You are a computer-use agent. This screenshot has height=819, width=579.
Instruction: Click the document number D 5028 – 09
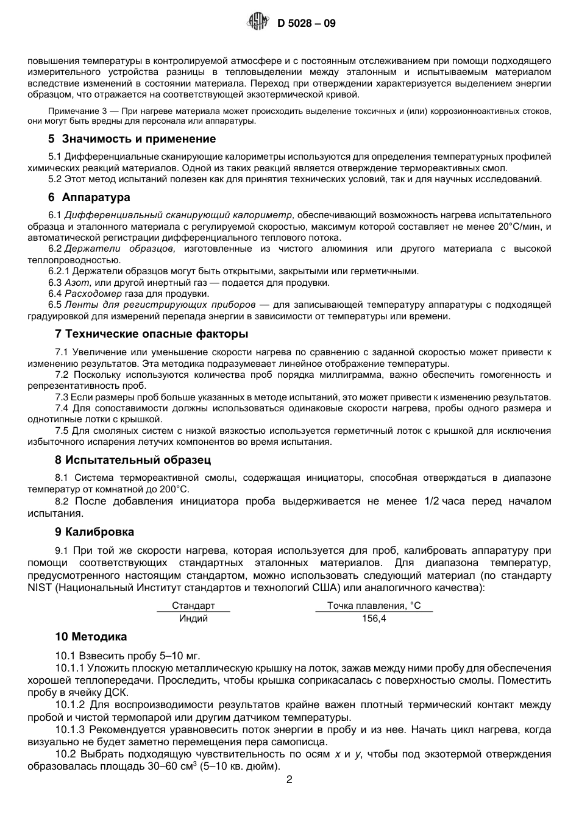[306, 24]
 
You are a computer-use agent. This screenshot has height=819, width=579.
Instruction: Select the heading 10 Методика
[91, 637]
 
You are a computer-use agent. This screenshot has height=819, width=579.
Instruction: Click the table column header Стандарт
[193, 606]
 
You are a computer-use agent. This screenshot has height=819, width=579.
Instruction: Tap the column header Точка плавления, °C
[374, 606]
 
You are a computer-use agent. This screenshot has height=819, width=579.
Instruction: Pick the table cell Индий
[193, 619]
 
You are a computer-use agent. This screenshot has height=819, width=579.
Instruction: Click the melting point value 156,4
[374, 619]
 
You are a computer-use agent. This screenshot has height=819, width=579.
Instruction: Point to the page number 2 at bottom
[289, 780]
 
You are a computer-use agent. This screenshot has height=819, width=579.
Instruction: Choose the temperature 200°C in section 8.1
[173, 489]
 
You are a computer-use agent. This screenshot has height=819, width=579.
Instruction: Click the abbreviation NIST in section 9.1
[40, 588]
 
